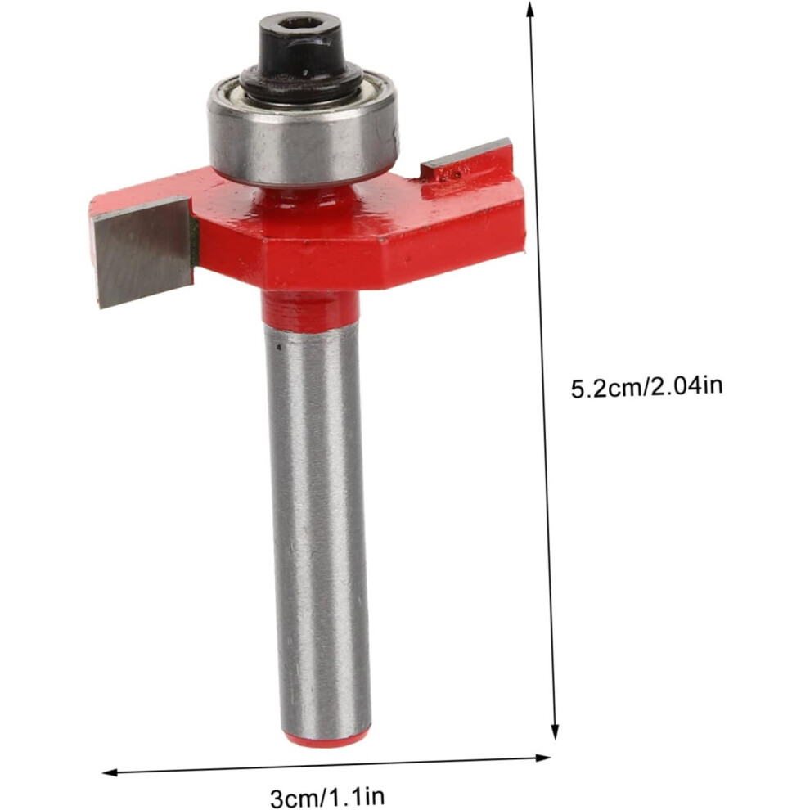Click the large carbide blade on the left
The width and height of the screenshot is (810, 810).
[142, 251]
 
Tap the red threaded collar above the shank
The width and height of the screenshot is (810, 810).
[309, 310]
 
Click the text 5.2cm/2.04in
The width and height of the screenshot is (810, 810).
[646, 387]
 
